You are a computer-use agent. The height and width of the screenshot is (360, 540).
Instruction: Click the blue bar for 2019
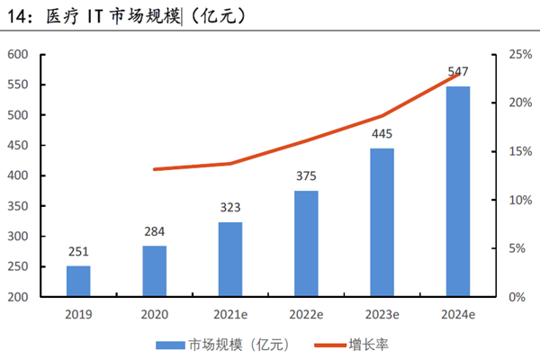click(78, 281)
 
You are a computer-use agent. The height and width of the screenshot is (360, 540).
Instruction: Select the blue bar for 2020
click(154, 271)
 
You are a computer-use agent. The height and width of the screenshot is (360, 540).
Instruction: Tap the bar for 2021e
click(230, 259)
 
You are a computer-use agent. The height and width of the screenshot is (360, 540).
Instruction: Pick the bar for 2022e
click(306, 243)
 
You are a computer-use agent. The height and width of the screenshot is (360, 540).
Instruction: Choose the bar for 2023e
click(382, 222)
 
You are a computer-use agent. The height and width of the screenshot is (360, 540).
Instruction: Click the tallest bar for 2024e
click(457, 191)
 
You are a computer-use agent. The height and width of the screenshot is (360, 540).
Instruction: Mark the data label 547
click(457, 72)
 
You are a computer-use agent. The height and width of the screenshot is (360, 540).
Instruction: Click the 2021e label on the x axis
click(230, 314)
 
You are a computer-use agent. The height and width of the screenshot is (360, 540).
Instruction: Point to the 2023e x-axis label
click(382, 314)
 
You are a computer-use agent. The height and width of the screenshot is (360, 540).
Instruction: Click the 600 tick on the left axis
click(18, 55)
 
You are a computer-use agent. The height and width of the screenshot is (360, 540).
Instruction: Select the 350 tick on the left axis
click(18, 206)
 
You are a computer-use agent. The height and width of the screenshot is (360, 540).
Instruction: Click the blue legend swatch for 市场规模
click(170, 344)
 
